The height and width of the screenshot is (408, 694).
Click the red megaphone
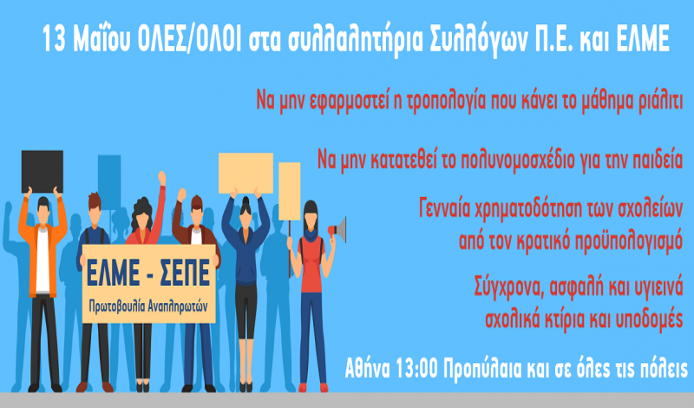tap(337, 230)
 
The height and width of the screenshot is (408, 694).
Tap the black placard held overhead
tap(43, 171)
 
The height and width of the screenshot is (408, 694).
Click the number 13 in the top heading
tap(55, 38)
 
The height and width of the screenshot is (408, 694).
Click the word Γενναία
tap(444, 209)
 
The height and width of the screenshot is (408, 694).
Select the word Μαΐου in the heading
tap(101, 38)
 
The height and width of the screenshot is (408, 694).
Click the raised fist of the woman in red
tap(162, 178)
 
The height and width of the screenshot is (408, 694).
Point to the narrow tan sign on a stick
tap(290, 191)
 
